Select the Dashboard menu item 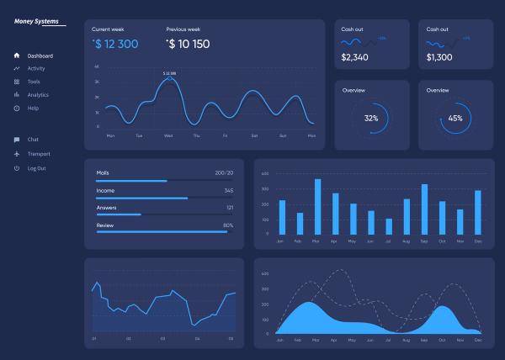click(40, 56)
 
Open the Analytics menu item click(38, 95)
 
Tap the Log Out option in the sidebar click(36, 168)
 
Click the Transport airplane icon click(16, 154)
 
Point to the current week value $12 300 click(117, 44)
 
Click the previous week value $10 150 click(189, 44)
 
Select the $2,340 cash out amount click(355, 57)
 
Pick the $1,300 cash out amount click(439, 57)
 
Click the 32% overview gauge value click(371, 119)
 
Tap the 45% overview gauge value click(455, 119)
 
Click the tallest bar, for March click(317, 206)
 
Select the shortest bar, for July click(389, 226)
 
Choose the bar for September click(424, 209)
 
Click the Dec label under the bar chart click(478, 241)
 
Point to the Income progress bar click(141, 198)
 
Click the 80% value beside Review click(228, 225)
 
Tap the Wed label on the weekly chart click(168, 135)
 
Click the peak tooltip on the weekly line click(169, 74)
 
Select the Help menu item click(33, 109)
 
